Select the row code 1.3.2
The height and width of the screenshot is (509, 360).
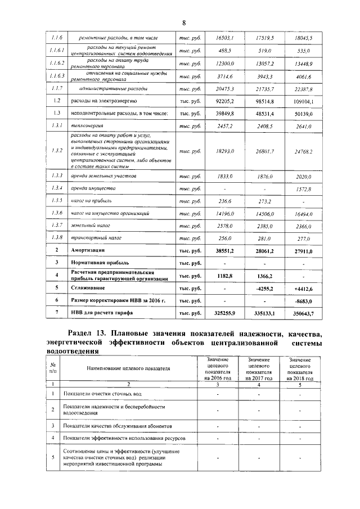click(x=56, y=151)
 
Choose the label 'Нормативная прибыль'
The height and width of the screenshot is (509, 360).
click(x=100, y=262)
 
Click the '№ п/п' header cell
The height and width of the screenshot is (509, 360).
click(x=52, y=368)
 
